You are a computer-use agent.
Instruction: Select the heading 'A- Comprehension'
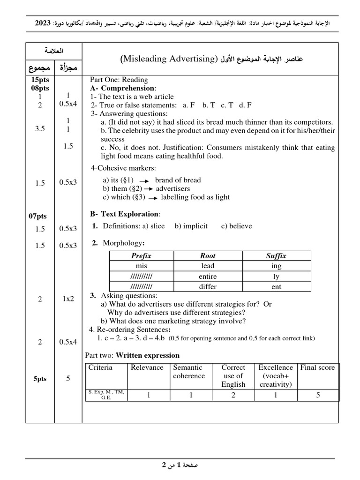[x=123, y=88]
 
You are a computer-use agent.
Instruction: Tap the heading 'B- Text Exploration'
[x=125, y=214]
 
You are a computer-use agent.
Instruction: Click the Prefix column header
[x=141, y=255]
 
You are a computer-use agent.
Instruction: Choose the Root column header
[x=208, y=255]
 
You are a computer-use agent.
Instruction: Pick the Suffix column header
[x=276, y=255]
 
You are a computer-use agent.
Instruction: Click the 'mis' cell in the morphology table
[x=141, y=266]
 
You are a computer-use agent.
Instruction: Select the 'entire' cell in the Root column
[x=208, y=276]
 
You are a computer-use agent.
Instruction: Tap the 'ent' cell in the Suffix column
[x=276, y=286]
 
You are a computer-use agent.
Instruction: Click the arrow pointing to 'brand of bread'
[x=144, y=180]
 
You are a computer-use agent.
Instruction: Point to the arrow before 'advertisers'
[x=149, y=189]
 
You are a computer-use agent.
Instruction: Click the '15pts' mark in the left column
[x=40, y=80]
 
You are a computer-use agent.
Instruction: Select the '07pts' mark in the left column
[x=40, y=216]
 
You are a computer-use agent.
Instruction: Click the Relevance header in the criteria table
[x=147, y=367]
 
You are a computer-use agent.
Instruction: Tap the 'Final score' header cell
[x=317, y=367]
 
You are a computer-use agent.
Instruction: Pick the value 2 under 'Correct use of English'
[x=233, y=395]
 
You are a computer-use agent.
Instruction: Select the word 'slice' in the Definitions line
[x=158, y=226]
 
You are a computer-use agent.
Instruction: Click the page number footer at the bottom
[x=180, y=465]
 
